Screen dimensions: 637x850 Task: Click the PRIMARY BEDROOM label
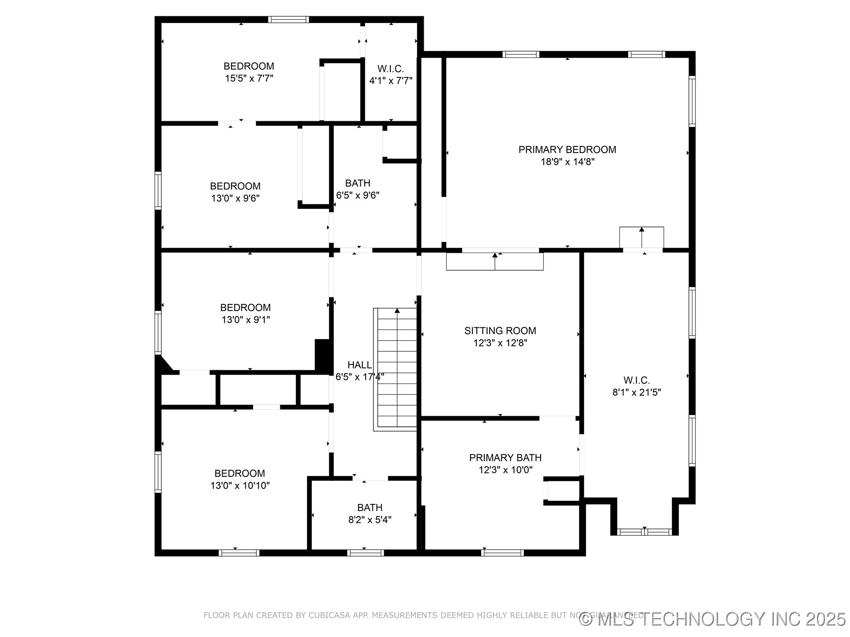tap(567, 150)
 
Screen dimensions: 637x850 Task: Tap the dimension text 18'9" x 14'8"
tap(567, 162)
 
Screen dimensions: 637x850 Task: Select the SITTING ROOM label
tap(500, 330)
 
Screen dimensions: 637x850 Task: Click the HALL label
tap(359, 365)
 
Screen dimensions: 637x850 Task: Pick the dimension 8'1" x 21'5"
tap(636, 392)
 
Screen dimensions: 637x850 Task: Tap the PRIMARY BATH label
tap(505, 457)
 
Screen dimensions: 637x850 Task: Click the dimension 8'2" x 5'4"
tap(370, 520)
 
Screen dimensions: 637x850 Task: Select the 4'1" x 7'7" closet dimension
tap(390, 81)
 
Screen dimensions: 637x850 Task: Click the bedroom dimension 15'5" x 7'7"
tap(249, 79)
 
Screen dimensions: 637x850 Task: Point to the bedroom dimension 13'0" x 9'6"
tap(235, 198)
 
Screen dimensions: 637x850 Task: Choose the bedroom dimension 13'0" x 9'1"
tap(245, 320)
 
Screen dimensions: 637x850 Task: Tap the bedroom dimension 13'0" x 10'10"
tap(240, 486)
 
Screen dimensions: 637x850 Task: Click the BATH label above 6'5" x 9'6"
tap(358, 183)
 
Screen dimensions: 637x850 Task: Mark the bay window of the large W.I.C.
tap(644, 532)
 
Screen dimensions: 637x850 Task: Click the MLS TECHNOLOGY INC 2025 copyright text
tap(713, 619)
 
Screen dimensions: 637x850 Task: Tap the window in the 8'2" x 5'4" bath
tap(365, 553)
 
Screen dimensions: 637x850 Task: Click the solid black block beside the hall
tap(323, 356)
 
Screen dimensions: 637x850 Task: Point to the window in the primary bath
tap(502, 553)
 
